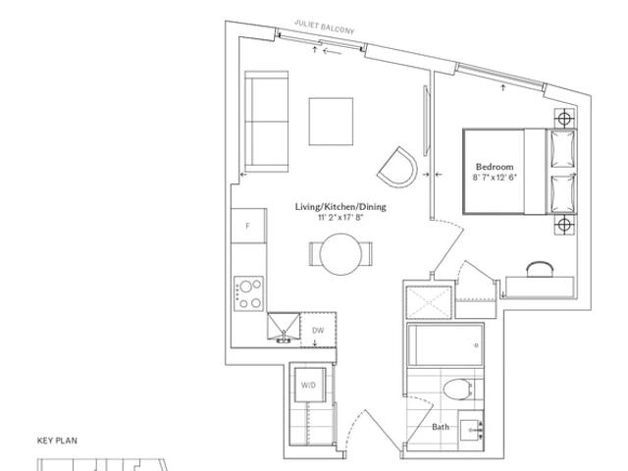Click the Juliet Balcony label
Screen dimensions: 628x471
pos(325,26)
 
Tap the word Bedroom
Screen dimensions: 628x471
pos(495,167)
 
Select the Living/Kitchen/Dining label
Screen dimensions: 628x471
pos(340,207)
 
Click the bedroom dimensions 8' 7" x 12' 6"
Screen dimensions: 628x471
pos(495,178)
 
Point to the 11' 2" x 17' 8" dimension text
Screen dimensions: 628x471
pos(340,218)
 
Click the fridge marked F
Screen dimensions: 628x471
pos(248,226)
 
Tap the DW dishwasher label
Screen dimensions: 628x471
pos(318,331)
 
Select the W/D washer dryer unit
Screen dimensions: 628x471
pos(310,385)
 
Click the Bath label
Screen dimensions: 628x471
pos(441,427)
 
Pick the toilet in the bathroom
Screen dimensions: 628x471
pos(459,389)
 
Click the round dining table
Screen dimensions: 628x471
pos(340,254)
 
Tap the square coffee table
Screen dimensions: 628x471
pos(331,122)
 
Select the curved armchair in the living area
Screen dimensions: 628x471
pos(397,168)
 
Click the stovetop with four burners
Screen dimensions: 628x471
pos(248,293)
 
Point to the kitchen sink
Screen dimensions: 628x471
pos(284,327)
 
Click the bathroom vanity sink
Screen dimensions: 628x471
pos(471,430)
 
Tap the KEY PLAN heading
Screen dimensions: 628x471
pos(57,441)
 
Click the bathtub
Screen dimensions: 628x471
pos(445,344)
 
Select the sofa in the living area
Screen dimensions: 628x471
pos(266,122)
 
